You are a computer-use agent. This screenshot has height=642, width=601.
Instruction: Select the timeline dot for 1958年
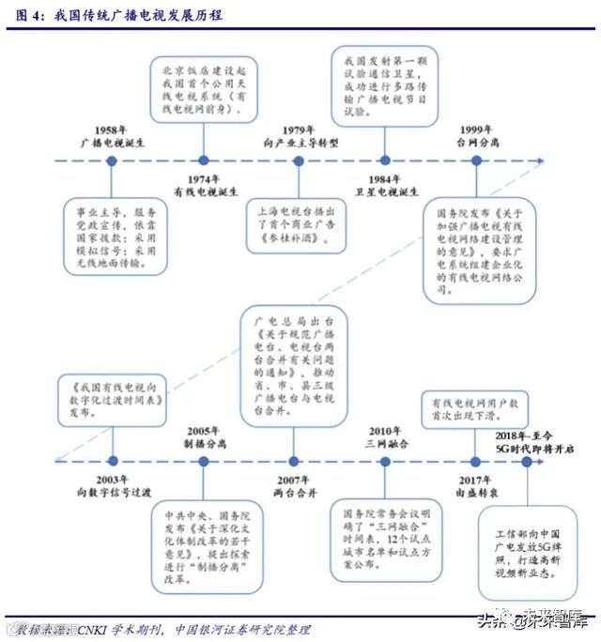[112, 160]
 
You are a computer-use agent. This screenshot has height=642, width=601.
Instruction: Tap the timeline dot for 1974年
[203, 160]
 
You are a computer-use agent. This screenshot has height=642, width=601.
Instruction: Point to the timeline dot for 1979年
[299, 160]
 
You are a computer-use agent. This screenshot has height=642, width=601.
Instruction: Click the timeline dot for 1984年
[384, 160]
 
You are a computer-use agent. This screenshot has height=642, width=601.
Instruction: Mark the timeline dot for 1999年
[476, 160]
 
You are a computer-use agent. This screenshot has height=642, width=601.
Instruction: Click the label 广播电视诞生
[110, 143]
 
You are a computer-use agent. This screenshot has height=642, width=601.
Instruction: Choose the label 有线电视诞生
[204, 192]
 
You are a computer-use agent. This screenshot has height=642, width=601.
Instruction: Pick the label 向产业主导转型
[300, 143]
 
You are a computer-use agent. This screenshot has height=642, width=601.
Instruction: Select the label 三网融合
[385, 443]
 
